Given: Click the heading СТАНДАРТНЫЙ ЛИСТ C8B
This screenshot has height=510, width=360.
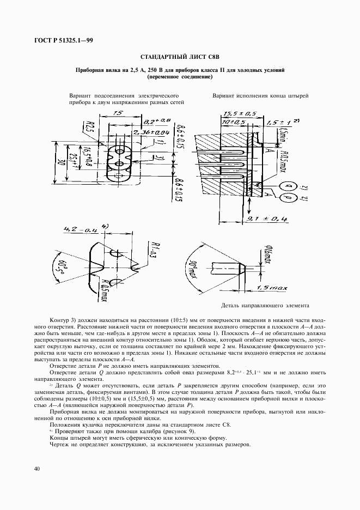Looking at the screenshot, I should [179, 57].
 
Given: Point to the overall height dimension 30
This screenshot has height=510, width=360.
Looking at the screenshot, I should [58, 162].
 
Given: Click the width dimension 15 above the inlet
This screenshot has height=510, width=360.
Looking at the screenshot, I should [118, 113].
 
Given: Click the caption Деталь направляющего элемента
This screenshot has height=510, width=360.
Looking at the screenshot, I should [258, 305].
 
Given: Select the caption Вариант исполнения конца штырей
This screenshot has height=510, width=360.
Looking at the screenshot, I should [261, 95].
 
